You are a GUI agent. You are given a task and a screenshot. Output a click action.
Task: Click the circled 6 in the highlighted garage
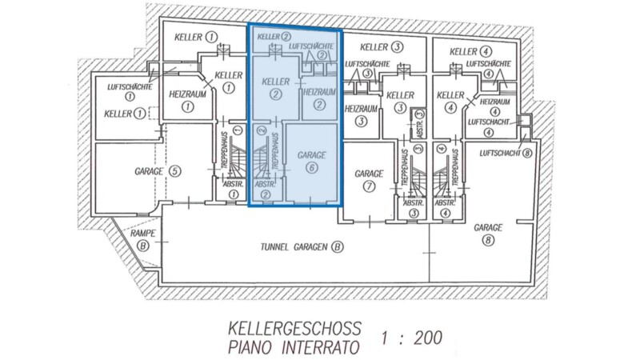coord(312,168)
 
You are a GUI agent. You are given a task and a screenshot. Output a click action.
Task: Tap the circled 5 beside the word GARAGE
coord(174,171)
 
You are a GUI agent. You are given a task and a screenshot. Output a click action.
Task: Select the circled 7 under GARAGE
coord(369,186)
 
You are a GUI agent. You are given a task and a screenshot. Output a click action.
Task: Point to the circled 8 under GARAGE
coord(488,240)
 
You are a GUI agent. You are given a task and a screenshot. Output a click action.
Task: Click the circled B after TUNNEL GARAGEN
coord(337,247)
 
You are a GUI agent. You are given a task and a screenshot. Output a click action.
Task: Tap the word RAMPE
coord(143,234)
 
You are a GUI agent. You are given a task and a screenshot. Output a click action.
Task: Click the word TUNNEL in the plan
coord(274,247)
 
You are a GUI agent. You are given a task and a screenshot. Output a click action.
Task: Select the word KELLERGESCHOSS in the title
coord(294,329)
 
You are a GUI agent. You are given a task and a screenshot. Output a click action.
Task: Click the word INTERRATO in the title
coord(321,347)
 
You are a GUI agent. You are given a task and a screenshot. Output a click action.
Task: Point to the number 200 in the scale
coord(428,338)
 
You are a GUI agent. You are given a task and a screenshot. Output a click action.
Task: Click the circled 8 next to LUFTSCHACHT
coord(527,153)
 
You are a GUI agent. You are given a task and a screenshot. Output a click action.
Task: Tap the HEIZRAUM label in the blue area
coord(319,92)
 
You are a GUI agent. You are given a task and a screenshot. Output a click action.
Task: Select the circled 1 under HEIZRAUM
coord(187,107)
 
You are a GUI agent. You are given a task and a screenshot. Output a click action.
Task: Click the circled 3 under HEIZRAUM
coord(361,122)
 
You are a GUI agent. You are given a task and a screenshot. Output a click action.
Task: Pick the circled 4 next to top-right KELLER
coord(486,52)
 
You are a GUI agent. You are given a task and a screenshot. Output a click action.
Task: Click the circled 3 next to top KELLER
coord(397,47)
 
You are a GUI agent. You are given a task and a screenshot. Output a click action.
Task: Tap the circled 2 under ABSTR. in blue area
coord(266,194)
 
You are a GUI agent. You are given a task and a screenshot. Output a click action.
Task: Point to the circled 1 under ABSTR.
coord(233,194)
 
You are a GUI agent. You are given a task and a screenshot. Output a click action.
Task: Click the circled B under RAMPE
coord(143,246)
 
